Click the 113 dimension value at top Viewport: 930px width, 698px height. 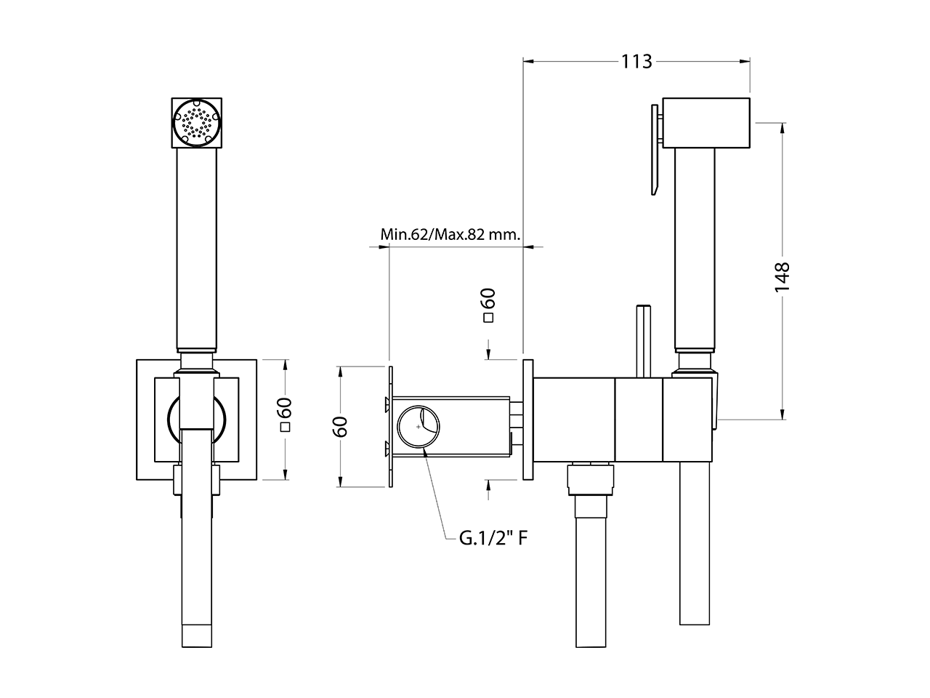pyautogui.click(x=636, y=62)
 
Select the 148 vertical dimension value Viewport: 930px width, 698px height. pyautogui.click(x=782, y=277)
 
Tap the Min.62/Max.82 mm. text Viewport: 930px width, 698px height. pyautogui.click(x=451, y=235)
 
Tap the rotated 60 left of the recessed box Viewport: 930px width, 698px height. pyautogui.click(x=339, y=426)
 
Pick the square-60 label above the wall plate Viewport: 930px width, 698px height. pyautogui.click(x=488, y=305)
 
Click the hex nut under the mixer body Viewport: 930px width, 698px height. pyautogui.click(x=589, y=479)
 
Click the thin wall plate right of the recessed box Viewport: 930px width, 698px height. pyautogui.click(x=527, y=419)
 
